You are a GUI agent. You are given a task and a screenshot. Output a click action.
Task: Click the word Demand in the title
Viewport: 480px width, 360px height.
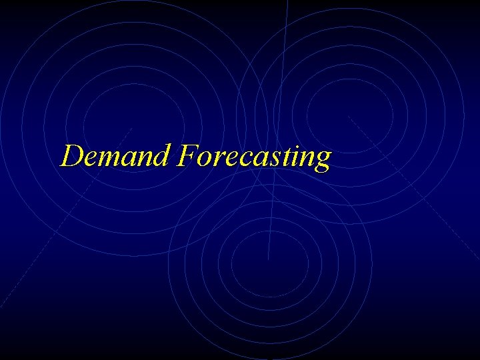116,156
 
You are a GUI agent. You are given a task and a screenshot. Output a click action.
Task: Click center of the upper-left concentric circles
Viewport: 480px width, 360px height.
133,127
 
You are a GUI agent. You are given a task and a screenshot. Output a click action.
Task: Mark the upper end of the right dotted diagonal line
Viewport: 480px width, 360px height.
349,117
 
